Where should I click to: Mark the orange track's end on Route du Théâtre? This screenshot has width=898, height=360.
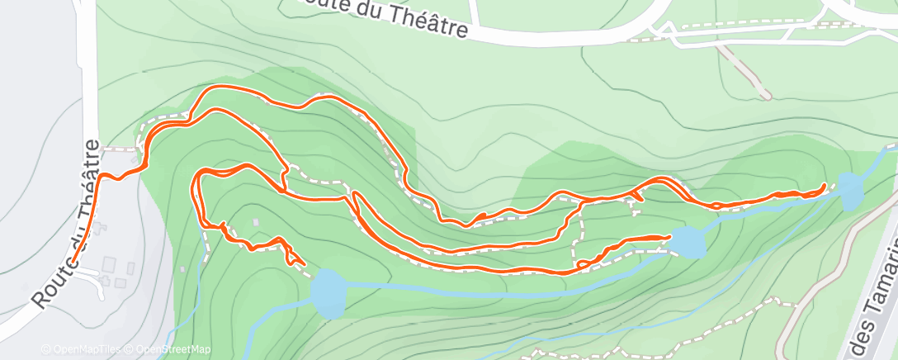(x=73, y=261)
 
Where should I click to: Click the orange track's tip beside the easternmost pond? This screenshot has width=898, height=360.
(x=825, y=186)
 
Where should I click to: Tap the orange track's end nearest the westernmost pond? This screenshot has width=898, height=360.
(x=302, y=263)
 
